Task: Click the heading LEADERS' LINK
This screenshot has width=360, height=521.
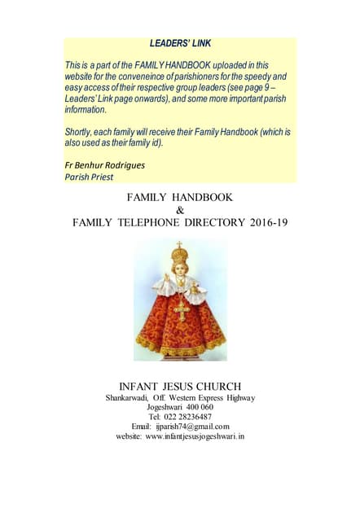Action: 181,42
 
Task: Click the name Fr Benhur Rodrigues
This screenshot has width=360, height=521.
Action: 105,164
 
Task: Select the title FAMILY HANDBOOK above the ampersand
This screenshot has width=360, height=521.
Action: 180,197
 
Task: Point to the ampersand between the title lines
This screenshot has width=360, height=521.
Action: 180,209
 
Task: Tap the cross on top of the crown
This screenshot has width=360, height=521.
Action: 179,244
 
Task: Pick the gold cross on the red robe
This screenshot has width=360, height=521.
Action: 180,309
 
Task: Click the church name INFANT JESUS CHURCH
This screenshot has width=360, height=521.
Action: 180,385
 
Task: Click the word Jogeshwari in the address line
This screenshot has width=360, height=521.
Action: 163,407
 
